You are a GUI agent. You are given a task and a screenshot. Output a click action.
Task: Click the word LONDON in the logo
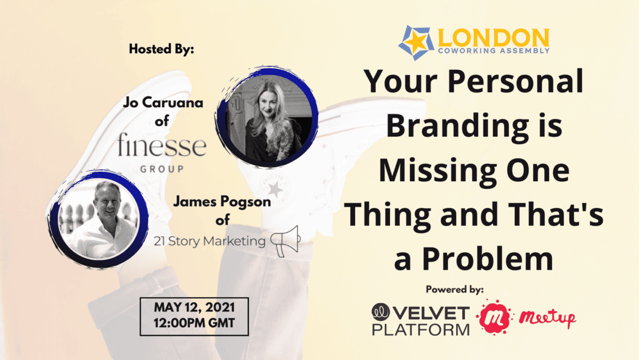tap(493, 37)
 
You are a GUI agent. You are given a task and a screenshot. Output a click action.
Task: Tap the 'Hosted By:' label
tap(162, 49)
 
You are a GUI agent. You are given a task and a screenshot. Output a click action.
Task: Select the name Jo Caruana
tap(163, 102)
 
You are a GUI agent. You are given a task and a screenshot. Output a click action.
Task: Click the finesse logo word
tap(162, 144)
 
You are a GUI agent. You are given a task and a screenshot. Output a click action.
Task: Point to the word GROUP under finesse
tap(162, 169)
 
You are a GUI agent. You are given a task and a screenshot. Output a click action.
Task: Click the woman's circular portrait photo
tap(267, 117)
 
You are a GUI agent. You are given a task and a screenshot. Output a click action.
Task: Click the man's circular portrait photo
tap(98, 219)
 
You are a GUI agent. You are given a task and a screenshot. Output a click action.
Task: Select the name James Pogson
tap(222, 201)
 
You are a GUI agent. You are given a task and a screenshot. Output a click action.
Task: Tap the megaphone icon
tap(285, 241)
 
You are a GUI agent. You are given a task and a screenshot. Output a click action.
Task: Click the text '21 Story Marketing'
tap(209, 241)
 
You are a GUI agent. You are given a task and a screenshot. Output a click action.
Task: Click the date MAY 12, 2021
tap(195, 307)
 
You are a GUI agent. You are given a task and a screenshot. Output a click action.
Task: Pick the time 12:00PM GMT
tap(195, 323)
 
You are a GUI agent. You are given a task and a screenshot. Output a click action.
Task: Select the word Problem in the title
tap(488, 259)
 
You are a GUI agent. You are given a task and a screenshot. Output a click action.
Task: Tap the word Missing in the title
tap(436, 171)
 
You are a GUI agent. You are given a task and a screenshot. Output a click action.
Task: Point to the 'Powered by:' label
tap(455, 290)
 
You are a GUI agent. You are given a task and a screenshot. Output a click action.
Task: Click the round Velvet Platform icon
tap(380, 312)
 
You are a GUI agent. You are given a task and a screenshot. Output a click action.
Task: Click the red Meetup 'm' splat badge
tap(494, 317)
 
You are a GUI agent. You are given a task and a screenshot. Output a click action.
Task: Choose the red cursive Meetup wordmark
tap(547, 317)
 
